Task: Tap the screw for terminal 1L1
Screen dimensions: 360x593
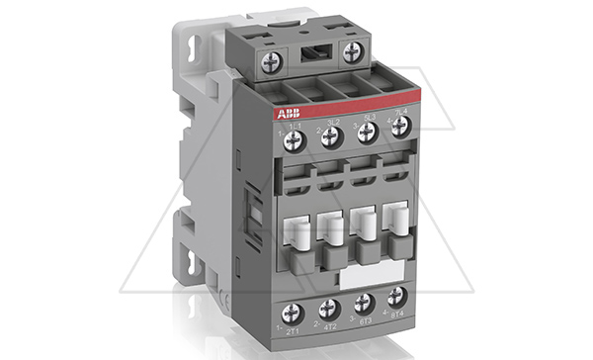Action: [x=294, y=139]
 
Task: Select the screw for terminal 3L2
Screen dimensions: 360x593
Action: [x=331, y=135]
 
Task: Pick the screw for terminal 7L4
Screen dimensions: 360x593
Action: [x=400, y=126]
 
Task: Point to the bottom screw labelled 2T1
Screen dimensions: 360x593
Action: [x=291, y=314]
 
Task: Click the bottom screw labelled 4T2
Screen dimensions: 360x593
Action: [x=329, y=309]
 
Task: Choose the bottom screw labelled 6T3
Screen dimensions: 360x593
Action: [x=364, y=302]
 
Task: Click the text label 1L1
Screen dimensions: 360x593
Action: [x=294, y=124]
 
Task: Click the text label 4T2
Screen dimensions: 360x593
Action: [x=329, y=327]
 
